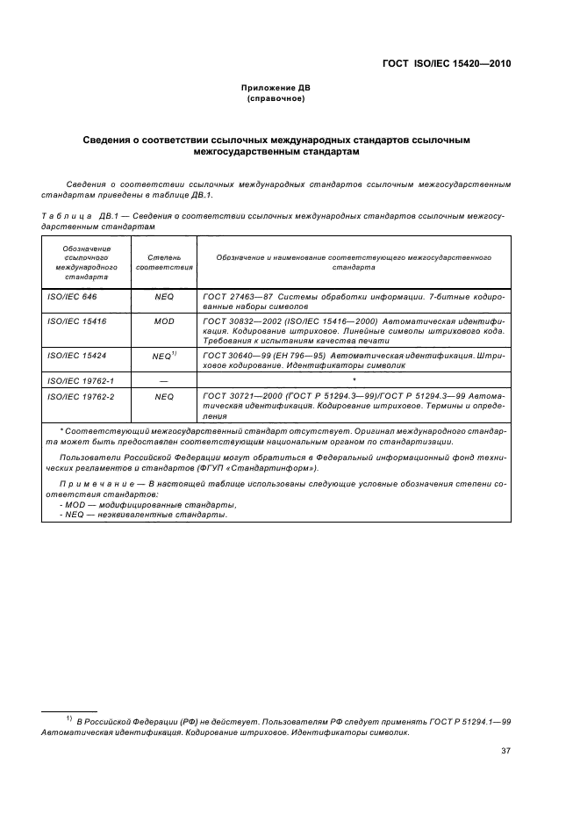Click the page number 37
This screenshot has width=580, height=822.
[505, 751]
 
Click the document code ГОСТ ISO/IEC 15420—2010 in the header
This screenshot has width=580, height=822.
[447, 63]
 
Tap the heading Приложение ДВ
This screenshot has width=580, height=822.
[276, 89]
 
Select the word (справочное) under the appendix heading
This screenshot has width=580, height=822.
[276, 99]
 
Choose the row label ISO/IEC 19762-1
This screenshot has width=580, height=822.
[77, 379]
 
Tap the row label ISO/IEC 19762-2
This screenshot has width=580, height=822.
[77, 396]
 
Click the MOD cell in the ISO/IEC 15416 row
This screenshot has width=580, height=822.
[164, 322]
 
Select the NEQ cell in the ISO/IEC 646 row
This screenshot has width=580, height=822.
[164, 299]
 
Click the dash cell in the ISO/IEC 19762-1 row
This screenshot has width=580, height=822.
[164, 379]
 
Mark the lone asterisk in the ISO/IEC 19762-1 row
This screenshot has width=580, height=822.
[353, 379]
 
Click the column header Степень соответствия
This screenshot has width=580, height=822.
[164, 261]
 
